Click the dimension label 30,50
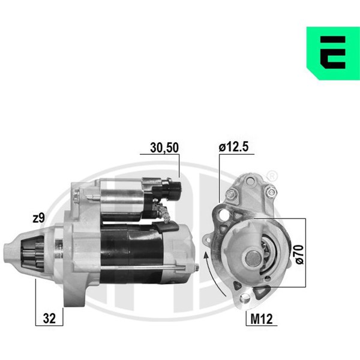[x=164, y=148]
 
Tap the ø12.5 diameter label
[x=233, y=147]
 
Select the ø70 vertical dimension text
[x=299, y=254]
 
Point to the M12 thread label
[x=262, y=319]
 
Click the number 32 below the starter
[x=49, y=319]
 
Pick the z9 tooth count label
[x=38, y=218]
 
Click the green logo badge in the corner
[x=333, y=53]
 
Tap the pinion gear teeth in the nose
[x=33, y=253]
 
